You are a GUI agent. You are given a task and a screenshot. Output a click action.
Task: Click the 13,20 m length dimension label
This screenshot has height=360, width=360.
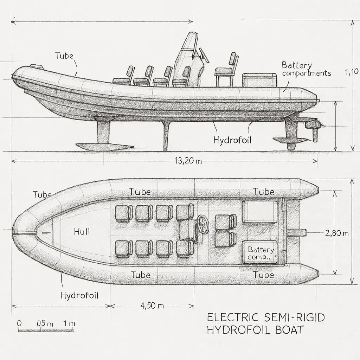188,161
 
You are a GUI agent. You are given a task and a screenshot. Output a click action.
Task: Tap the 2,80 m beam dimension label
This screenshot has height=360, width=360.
336,233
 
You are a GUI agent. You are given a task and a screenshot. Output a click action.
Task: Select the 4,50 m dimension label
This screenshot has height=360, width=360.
152,305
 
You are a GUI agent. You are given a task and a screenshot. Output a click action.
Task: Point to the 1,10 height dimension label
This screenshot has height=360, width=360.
352,72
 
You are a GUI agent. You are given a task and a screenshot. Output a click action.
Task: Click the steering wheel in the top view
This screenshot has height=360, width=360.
202,222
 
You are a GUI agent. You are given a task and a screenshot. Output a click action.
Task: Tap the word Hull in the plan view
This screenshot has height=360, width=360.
82,231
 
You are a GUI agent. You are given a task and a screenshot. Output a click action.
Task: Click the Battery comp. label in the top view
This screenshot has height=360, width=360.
261,253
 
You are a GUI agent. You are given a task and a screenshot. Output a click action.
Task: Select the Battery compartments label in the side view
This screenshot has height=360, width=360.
306,69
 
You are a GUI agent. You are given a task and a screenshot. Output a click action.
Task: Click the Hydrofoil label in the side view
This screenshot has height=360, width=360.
232,140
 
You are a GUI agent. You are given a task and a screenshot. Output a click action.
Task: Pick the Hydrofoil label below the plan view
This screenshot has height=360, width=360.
79,295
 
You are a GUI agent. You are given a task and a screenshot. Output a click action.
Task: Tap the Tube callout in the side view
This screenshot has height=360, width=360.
64,56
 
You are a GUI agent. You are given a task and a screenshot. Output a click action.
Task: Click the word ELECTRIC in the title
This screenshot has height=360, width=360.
232,317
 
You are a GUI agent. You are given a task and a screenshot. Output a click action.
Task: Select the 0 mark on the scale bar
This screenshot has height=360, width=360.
19,323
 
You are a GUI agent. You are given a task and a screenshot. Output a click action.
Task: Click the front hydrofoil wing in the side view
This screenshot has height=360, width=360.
105,146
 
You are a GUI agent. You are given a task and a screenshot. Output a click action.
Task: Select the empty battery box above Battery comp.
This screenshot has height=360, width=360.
260,212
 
